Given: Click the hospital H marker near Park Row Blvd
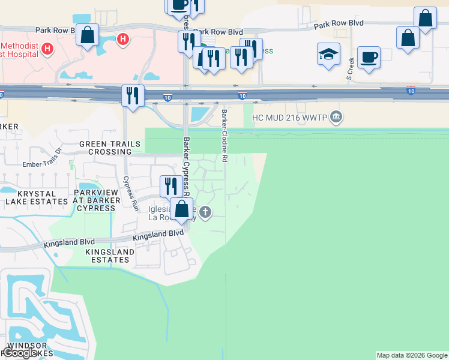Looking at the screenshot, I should (123, 40).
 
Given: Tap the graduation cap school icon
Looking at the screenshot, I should (328, 55).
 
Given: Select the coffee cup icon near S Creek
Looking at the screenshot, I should (369, 58).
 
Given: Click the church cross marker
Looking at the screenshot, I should (206, 212).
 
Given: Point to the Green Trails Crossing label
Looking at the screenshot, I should (110, 148).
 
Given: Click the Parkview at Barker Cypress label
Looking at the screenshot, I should (94, 200).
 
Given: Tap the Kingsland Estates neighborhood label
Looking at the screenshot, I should (107, 256).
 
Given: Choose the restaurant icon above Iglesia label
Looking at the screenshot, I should (171, 186).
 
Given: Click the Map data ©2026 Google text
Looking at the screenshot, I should (412, 355).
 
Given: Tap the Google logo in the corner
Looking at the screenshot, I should (20, 353).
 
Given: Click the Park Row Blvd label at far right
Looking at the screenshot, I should (339, 23).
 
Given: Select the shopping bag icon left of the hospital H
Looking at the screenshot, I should (88, 36).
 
